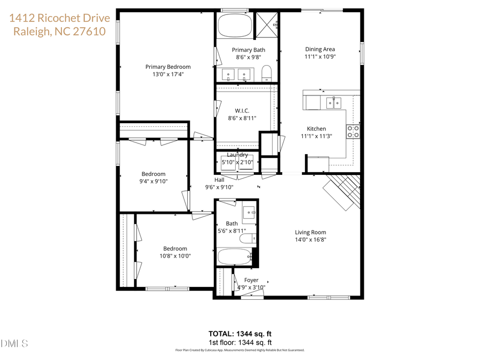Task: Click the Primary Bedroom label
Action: (168, 67)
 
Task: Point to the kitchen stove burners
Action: (353, 131)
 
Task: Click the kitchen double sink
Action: (334, 102)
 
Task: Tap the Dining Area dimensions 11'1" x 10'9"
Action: (320, 57)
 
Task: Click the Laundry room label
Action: (237, 155)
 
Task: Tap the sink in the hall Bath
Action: (249, 213)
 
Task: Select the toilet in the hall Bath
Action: (247, 238)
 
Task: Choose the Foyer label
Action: (251, 280)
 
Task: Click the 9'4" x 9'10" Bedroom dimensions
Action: (153, 181)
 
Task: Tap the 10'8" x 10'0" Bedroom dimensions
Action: (175, 256)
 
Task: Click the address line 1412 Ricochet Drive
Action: (60, 18)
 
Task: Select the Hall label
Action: (219, 180)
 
